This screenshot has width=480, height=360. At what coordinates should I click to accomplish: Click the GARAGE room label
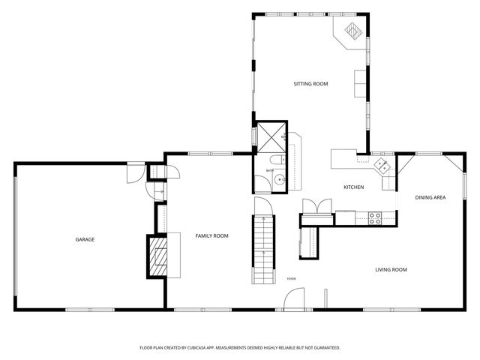click(x=84, y=239)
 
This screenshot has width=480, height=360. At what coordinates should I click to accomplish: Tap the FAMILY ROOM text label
click(x=211, y=235)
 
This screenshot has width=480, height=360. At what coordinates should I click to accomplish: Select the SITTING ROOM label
click(x=310, y=84)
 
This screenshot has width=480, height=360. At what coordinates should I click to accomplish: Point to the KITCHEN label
click(x=353, y=187)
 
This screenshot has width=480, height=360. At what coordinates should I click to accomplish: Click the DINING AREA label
click(x=430, y=197)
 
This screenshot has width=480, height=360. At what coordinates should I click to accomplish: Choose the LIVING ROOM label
click(x=391, y=269)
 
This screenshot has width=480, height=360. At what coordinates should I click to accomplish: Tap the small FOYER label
click(x=291, y=278)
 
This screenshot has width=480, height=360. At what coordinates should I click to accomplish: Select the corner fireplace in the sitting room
click(x=352, y=31)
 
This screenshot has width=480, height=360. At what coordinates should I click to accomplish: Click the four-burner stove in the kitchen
click(x=376, y=217)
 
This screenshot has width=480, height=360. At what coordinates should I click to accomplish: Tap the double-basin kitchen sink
click(x=382, y=164)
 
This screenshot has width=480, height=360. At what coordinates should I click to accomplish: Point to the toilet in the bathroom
click(x=275, y=160)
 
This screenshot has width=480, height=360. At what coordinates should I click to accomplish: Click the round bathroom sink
click(x=280, y=180)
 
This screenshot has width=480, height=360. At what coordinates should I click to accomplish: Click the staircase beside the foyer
click(x=262, y=248)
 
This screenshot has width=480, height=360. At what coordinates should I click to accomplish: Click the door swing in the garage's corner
click(x=133, y=173)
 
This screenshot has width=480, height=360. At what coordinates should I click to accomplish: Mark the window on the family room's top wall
click(x=203, y=154)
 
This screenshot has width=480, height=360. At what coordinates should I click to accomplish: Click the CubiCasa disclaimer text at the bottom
click(x=240, y=348)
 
